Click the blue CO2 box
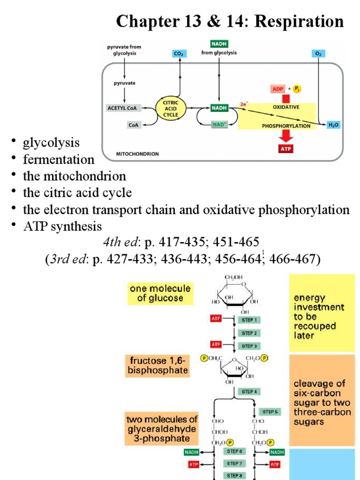click(x=179, y=54)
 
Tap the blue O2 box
click(x=318, y=54)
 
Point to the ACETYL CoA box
click(x=123, y=108)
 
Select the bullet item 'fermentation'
click(x=59, y=159)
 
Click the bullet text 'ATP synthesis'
click(x=62, y=227)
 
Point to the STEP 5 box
click(x=270, y=412)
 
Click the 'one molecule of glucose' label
click(x=160, y=293)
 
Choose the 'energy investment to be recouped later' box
click(x=322, y=313)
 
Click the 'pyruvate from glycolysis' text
click(x=124, y=50)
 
